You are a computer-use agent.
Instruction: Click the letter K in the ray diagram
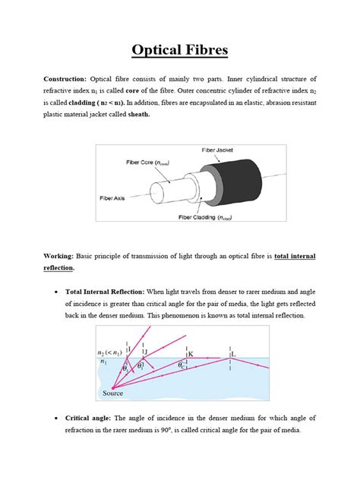(x=191, y=353)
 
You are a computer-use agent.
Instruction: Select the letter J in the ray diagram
(x=145, y=350)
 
